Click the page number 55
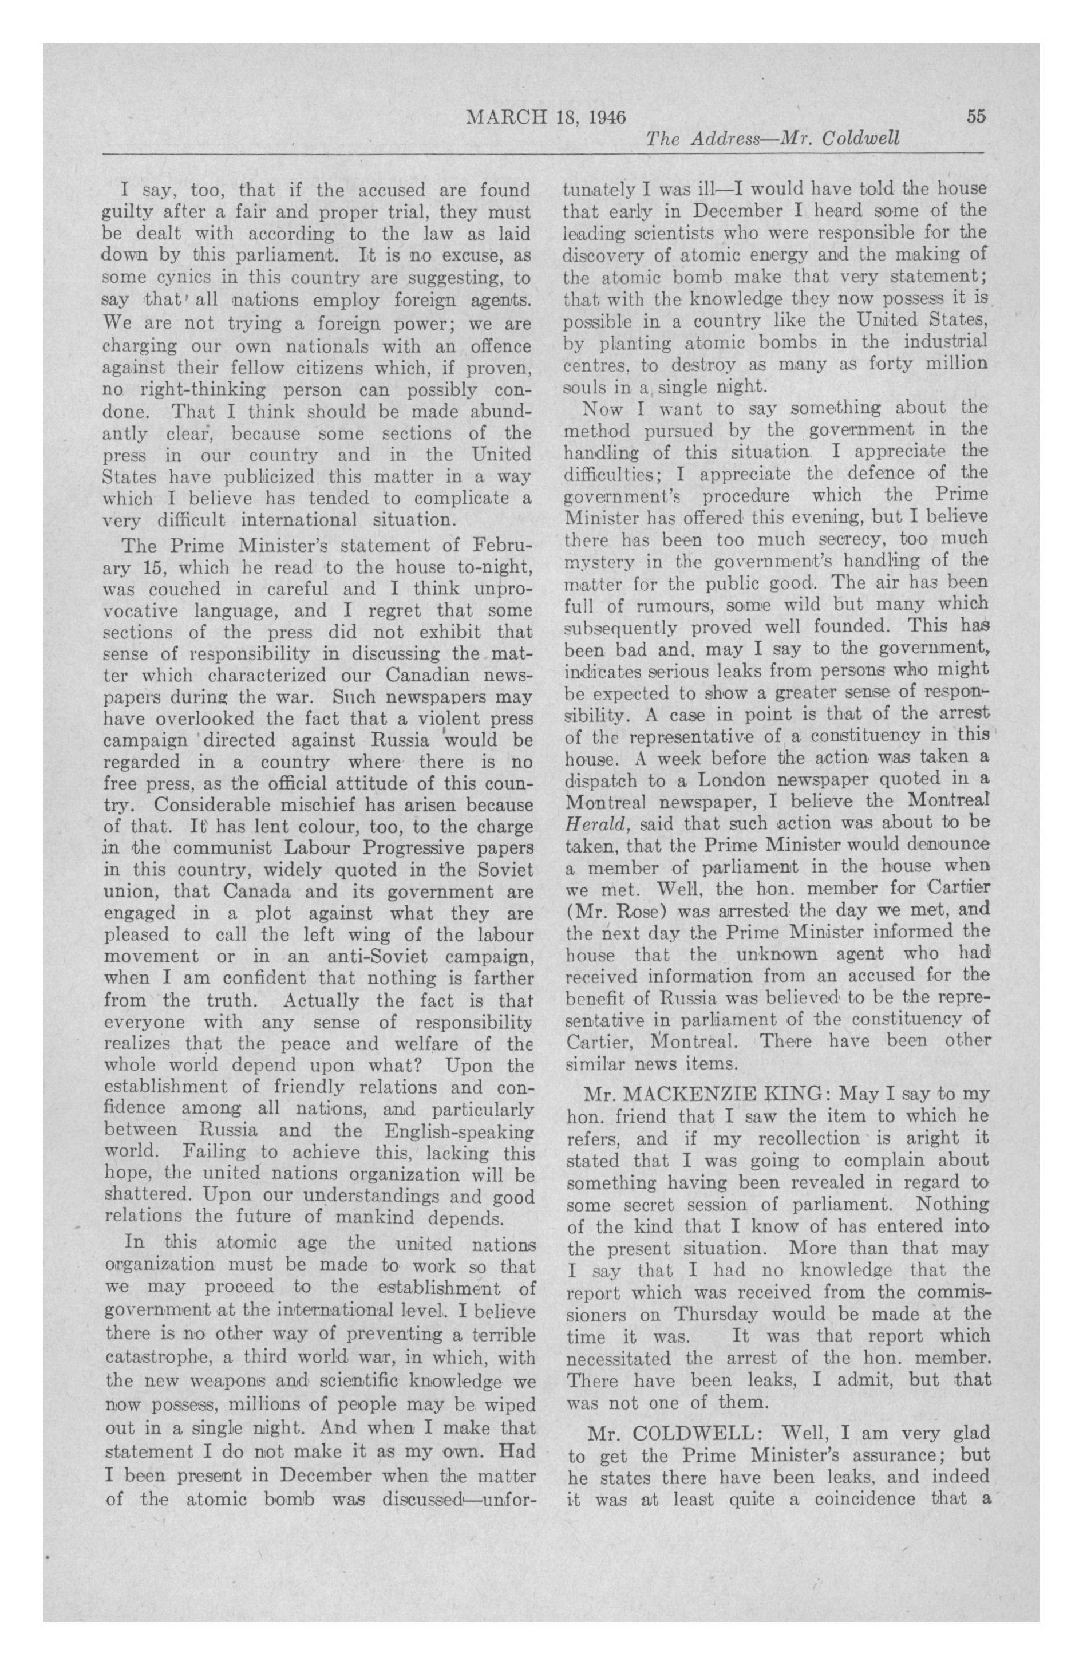pyautogui.click(x=976, y=116)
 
